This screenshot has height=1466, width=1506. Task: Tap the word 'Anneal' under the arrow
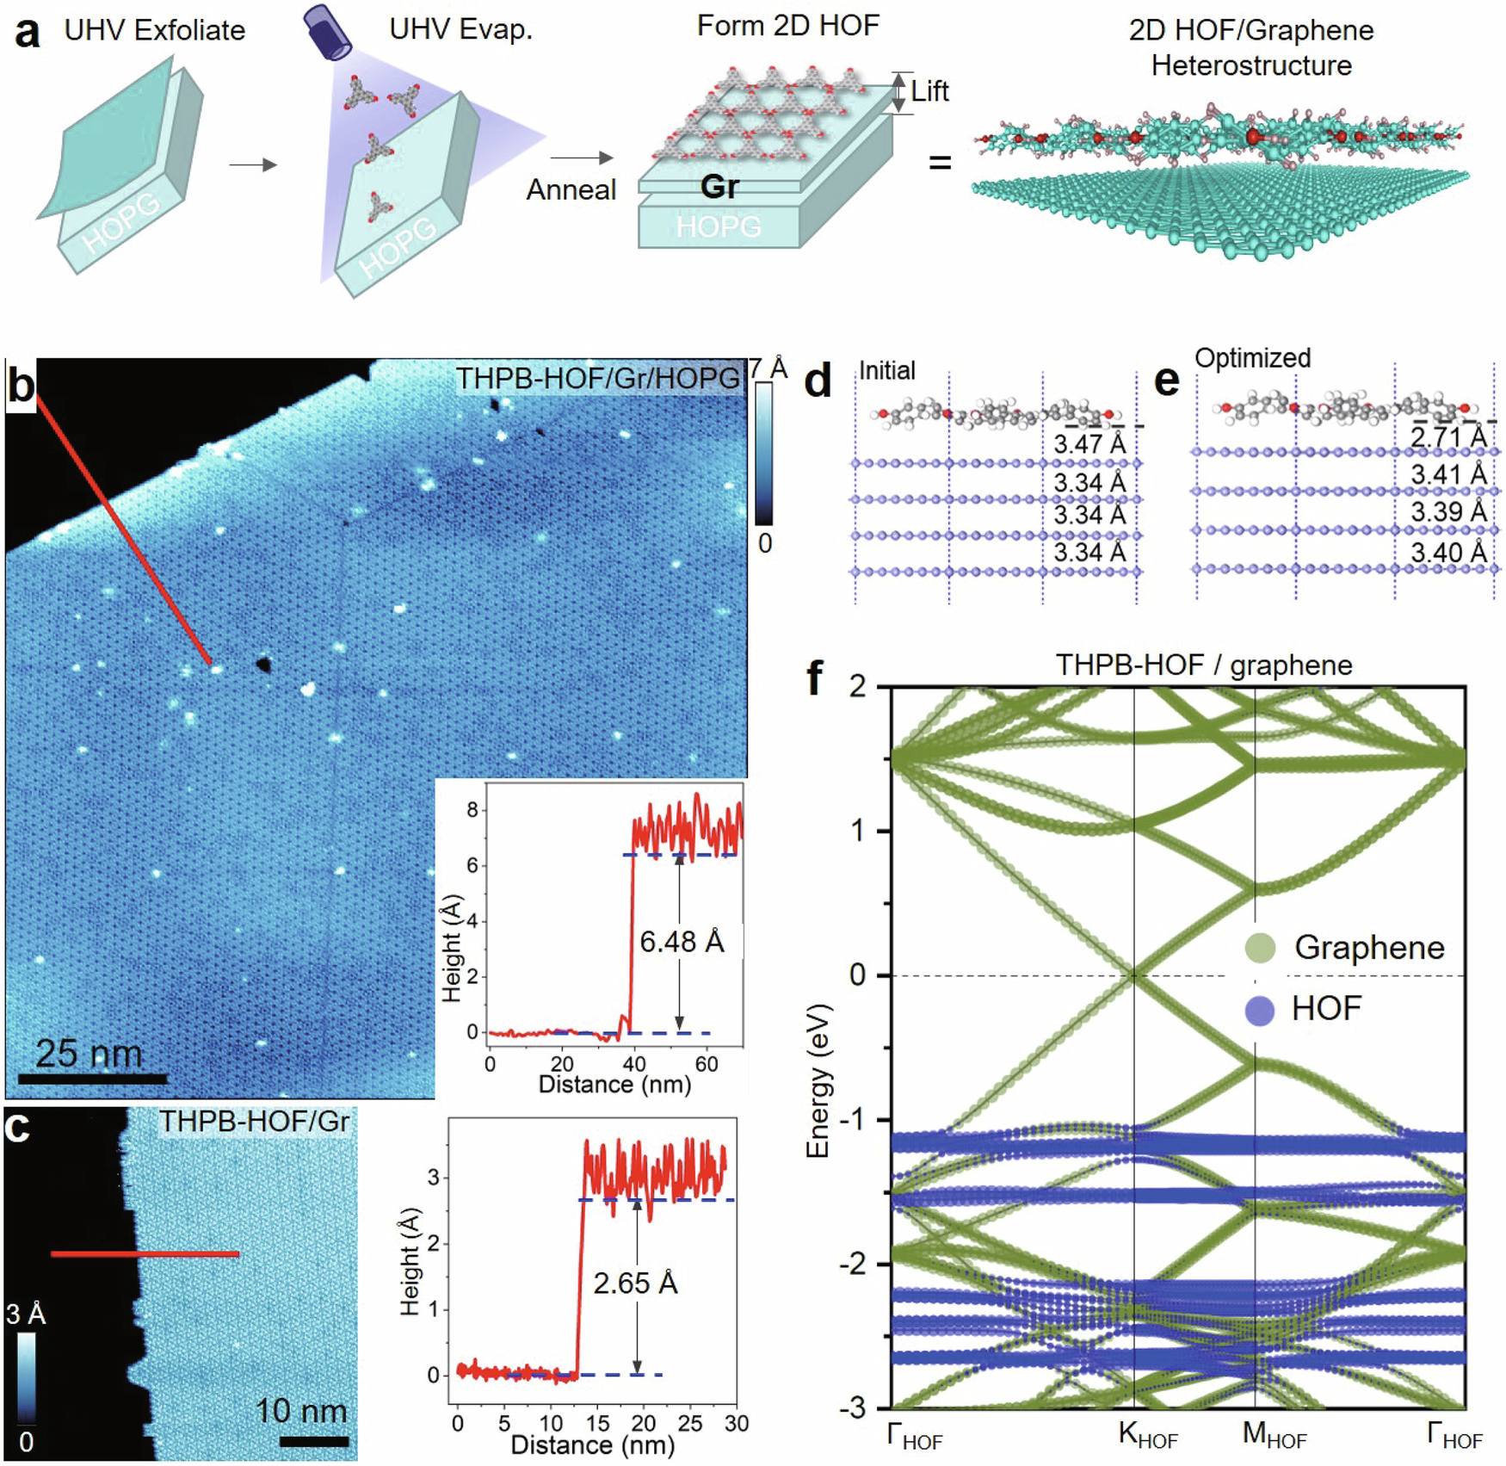571,189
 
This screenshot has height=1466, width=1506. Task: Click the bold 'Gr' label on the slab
719,187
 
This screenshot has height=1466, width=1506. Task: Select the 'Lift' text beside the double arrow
929,91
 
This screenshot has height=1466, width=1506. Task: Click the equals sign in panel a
940,162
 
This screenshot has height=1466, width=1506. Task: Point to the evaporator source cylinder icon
327,33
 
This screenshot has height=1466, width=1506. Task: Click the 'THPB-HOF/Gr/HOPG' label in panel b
597,378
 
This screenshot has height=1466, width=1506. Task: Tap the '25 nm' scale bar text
89,1054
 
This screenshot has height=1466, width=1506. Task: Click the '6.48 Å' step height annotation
682,942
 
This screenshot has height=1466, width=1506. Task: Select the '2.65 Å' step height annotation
635,1284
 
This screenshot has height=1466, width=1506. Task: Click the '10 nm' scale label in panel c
301,1411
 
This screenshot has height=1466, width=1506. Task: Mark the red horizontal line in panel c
145,1254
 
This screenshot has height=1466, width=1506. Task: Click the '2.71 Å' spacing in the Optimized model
1448,437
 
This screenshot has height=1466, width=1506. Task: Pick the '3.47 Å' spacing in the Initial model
1089,444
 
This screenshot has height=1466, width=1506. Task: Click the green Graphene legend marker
1260,948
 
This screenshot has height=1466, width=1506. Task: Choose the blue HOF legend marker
1260,1010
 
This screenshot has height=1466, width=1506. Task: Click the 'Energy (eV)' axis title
818,1080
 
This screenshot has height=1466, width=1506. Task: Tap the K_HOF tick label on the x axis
1147,1434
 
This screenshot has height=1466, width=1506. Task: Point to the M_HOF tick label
1274,1434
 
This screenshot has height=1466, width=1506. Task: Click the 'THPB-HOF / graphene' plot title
1204,665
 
